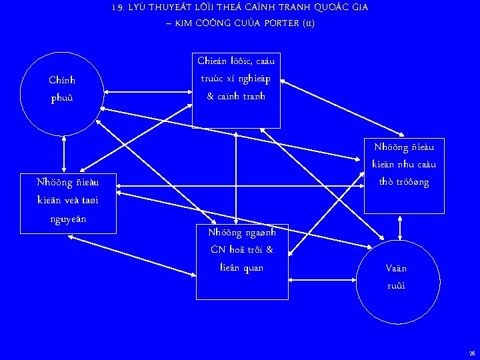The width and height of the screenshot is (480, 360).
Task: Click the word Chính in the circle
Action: (x=62, y=80)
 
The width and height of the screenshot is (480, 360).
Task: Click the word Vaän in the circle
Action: (x=395, y=269)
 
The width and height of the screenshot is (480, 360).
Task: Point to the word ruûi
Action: (x=395, y=286)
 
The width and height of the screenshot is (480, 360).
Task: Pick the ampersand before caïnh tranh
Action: (x=211, y=96)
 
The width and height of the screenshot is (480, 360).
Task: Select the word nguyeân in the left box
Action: (x=69, y=218)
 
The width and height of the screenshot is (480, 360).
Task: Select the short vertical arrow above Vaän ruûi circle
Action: (x=399, y=227)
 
